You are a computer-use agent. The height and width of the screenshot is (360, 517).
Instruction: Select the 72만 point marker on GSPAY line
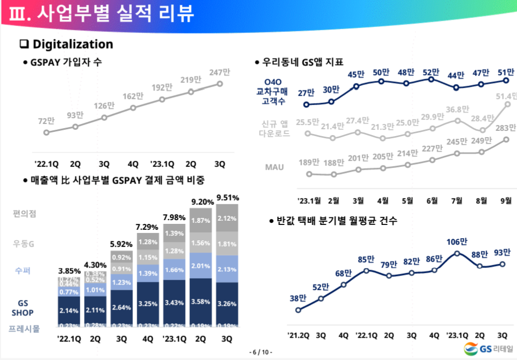(46, 132)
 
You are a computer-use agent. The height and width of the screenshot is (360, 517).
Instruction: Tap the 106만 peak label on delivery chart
(457, 242)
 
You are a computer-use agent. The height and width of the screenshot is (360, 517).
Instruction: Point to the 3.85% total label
(69, 271)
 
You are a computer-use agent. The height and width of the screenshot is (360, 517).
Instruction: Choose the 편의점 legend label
(25, 214)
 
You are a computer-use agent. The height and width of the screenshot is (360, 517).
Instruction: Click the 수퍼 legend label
(22, 271)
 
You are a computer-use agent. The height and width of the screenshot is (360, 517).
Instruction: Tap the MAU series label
(274, 167)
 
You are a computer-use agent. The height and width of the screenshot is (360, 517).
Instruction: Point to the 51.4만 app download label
(506, 96)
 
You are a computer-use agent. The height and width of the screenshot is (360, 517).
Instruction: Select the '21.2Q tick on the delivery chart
(298, 336)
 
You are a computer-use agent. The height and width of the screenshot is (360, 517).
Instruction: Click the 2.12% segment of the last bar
(227, 219)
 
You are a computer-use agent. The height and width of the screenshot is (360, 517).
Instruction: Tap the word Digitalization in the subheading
(73, 44)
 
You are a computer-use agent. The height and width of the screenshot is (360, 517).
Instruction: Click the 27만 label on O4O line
(306, 93)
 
